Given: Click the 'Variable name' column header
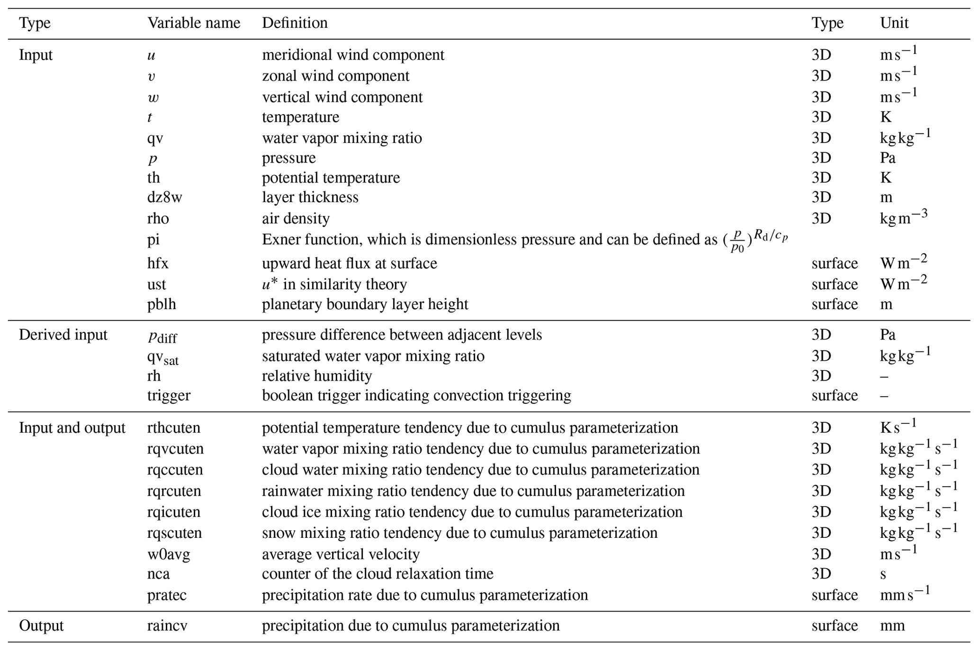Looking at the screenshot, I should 194,23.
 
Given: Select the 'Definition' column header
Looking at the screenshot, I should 295,23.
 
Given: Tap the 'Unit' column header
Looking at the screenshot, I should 894,23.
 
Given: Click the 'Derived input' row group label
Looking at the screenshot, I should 63,335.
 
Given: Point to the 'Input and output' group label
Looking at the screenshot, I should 72,428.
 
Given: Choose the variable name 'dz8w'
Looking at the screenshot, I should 164,197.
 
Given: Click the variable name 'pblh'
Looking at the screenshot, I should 162,304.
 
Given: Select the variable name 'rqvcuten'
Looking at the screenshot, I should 175,448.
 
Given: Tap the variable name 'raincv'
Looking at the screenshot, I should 167,625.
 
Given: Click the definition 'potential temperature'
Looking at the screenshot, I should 331,178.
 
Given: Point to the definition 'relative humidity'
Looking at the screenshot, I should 317,375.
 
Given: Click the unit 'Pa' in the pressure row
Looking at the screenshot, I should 888,158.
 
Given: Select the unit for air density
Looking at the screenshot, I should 903,218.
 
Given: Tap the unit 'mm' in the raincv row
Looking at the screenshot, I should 892,625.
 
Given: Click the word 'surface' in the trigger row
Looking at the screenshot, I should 835,395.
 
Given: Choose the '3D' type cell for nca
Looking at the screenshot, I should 821,574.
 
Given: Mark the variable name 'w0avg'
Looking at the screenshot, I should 169,554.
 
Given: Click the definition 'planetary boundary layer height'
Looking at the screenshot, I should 365,304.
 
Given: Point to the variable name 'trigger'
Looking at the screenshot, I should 169,395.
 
